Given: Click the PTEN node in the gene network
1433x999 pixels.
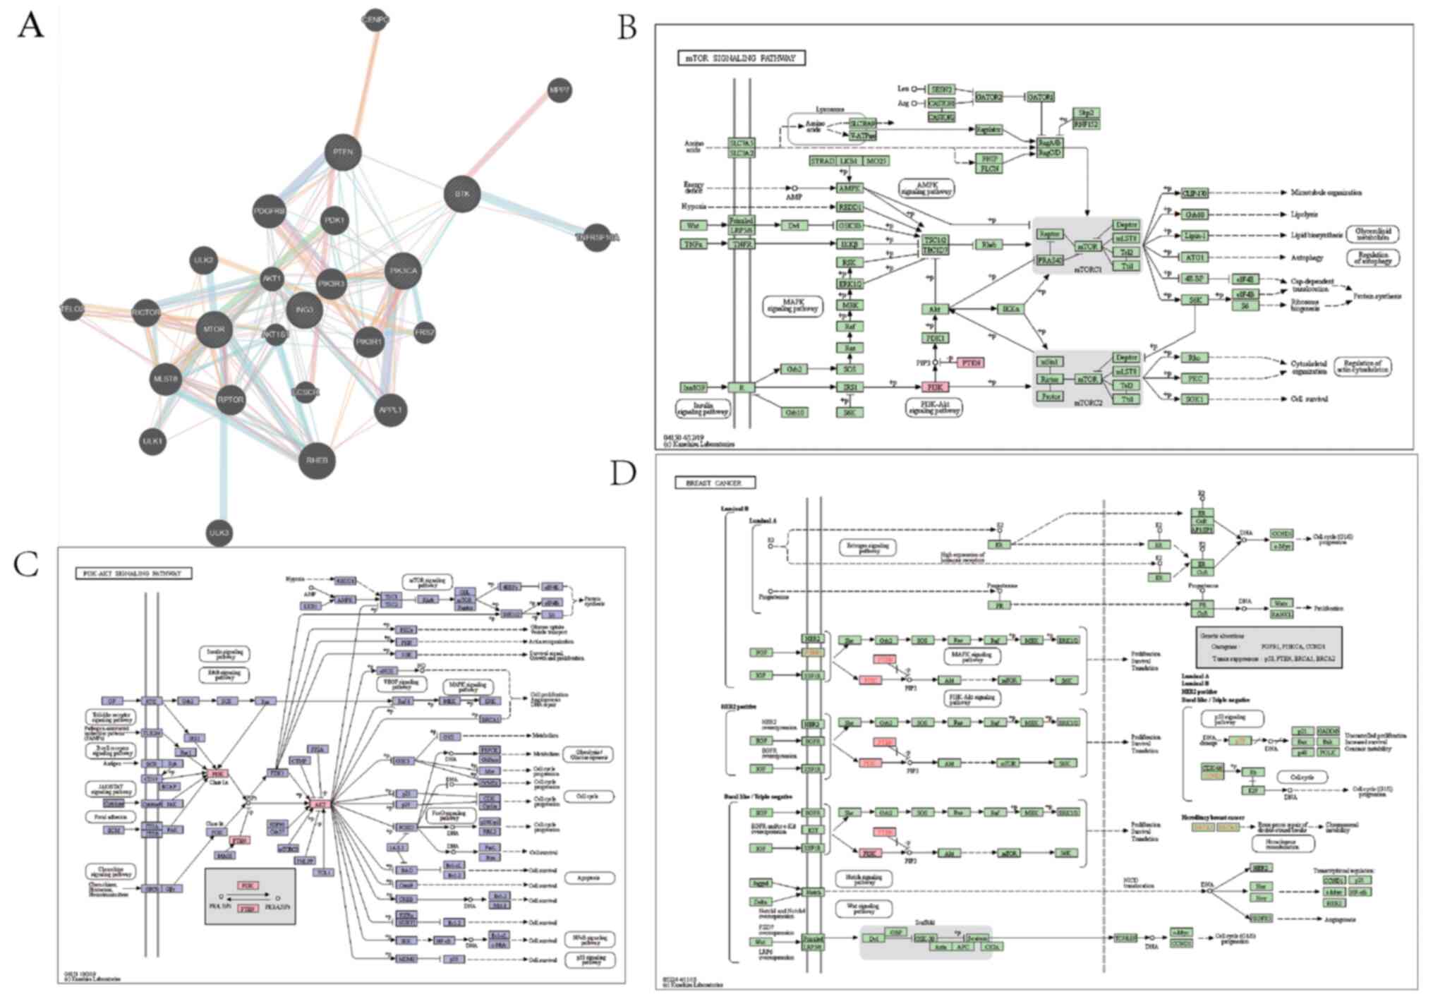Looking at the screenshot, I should [343, 152].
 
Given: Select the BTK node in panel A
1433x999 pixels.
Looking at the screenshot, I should [462, 194].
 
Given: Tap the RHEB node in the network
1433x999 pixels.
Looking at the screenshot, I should [318, 461].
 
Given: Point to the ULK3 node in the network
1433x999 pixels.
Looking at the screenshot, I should [219, 533].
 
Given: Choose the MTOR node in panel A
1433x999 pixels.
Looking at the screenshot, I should [214, 329].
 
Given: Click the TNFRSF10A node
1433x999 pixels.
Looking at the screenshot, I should [597, 238].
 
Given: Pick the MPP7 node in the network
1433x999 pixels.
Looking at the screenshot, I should [560, 91].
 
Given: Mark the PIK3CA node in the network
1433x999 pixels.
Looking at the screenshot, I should [403, 271].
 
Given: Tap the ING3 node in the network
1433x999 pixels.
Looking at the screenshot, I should [304, 310].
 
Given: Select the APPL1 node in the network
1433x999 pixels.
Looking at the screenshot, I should [390, 410].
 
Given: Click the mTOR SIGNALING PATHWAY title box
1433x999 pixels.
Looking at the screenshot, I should [741, 58].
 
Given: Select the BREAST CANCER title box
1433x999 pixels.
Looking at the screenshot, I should [715, 483].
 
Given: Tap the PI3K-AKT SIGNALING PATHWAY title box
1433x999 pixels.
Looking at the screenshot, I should [133, 574].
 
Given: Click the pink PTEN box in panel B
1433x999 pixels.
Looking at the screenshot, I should [970, 363].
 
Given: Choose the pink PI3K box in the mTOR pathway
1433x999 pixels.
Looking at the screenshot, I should [935, 387].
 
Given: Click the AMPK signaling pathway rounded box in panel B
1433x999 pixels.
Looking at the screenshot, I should [926, 188].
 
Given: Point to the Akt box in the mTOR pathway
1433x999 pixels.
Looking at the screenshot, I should [935, 309].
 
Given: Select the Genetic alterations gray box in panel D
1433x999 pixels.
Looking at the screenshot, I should [1269, 647].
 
